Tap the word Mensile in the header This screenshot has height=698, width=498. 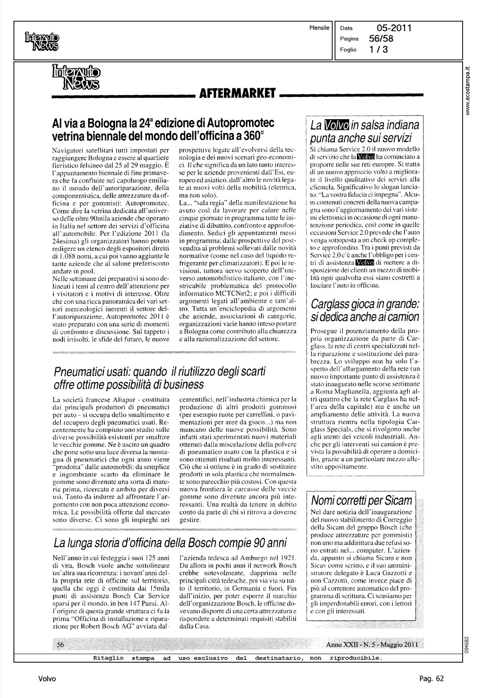(x=319, y=28)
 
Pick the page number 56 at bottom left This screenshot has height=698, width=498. (x=60, y=644)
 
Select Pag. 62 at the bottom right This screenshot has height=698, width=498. (x=431, y=678)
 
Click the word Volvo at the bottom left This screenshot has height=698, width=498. (x=47, y=678)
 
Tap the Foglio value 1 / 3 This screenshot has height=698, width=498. (x=383, y=50)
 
